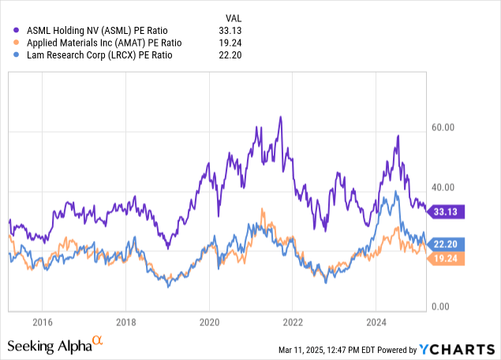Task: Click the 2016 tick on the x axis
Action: tap(43, 322)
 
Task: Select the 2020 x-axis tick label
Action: tap(209, 322)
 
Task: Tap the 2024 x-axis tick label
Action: tap(376, 322)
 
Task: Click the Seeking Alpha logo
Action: tap(55, 345)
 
